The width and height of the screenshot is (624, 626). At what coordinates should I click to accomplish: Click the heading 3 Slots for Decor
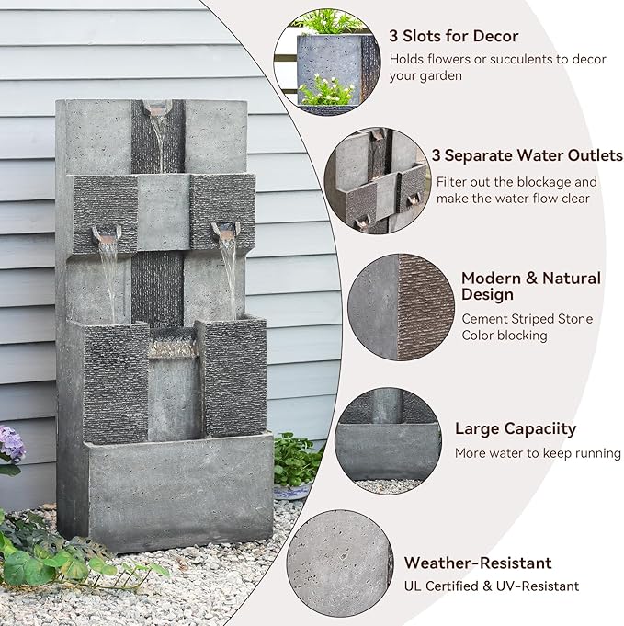click(x=453, y=37)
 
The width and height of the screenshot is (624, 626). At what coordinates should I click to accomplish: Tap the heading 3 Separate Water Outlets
click(x=527, y=155)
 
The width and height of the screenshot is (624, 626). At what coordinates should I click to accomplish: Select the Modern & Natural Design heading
click(x=530, y=286)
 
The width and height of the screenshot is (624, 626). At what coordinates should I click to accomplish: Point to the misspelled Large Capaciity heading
click(x=516, y=428)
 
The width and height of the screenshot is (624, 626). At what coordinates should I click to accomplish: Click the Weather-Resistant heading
click(x=478, y=563)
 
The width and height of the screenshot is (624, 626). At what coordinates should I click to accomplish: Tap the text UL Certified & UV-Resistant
click(x=492, y=586)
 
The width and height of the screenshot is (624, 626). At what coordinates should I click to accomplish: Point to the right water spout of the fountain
click(x=225, y=227)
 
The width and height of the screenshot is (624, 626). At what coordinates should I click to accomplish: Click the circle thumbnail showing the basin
click(x=386, y=438)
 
